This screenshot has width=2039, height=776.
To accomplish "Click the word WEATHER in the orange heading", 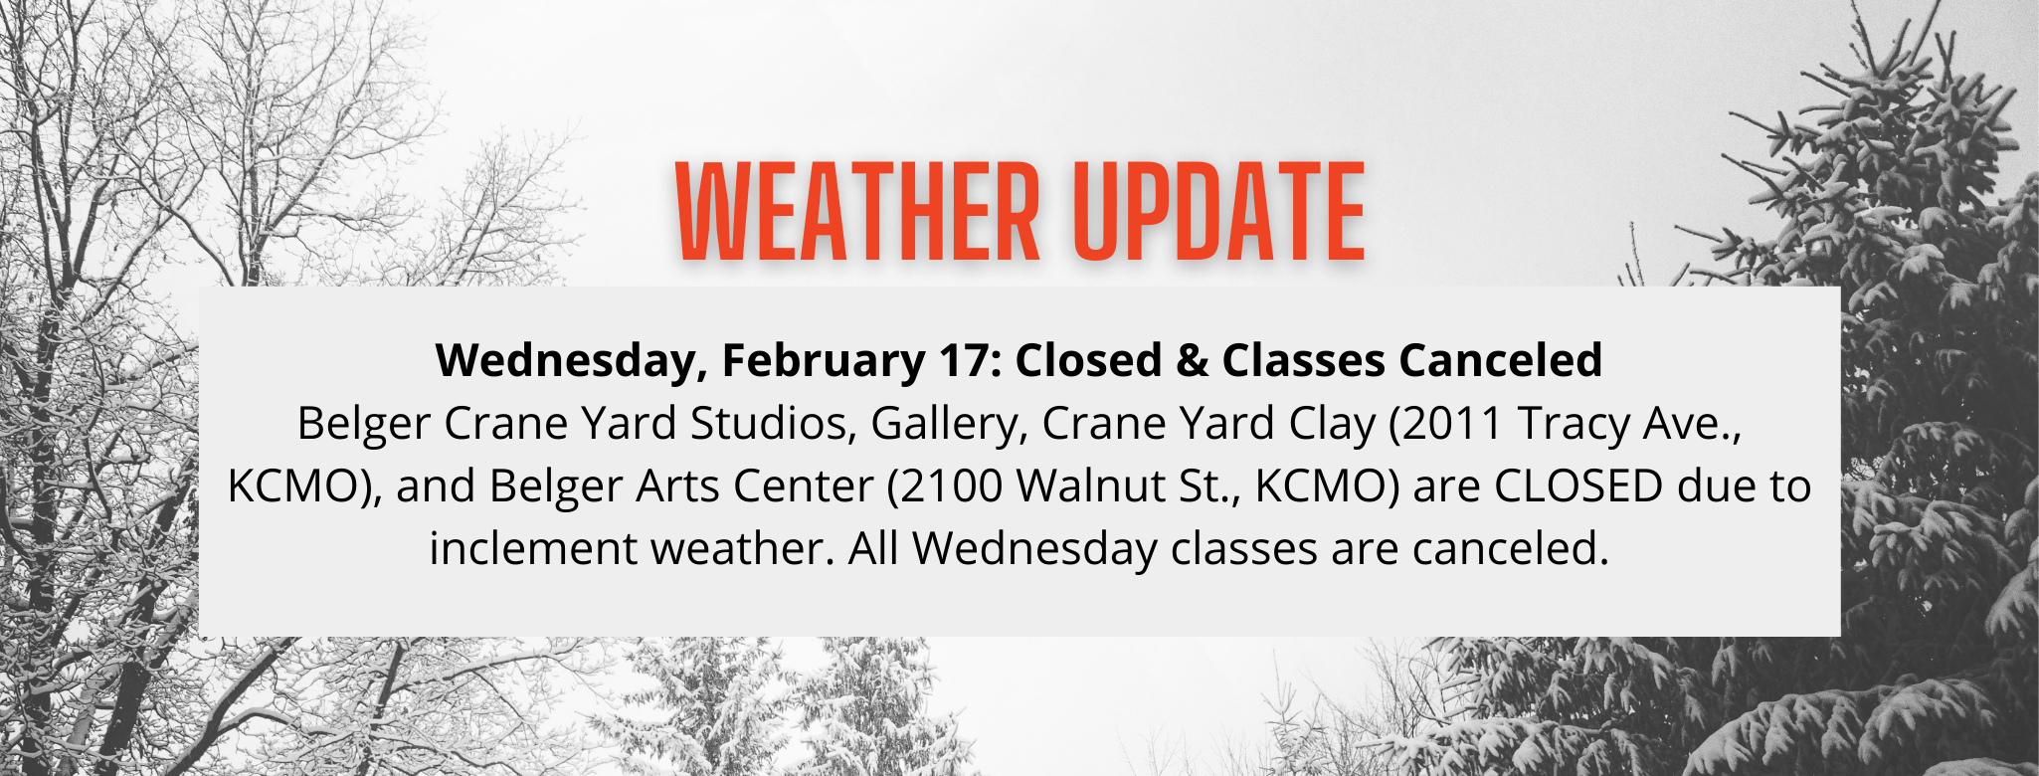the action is [x=857, y=211].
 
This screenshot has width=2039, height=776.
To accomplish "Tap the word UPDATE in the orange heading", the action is [x=1220, y=211].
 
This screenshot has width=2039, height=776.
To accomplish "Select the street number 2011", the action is [x=1447, y=423].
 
